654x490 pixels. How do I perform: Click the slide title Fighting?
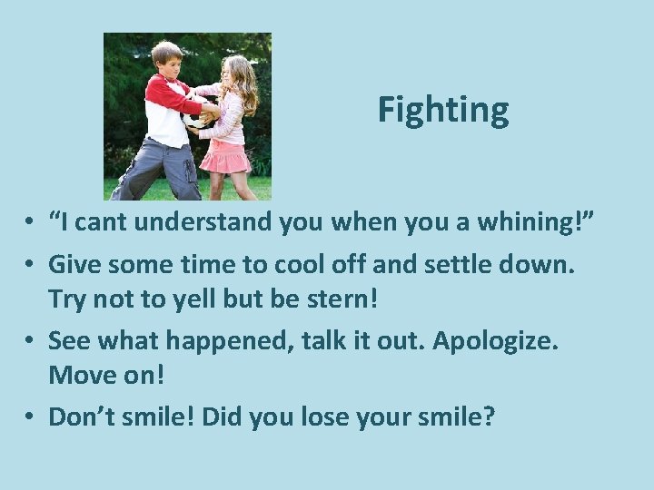pyautogui.click(x=443, y=110)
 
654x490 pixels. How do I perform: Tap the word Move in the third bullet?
pyautogui.click(x=77, y=377)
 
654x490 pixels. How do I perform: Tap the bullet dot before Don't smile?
pyautogui.click(x=32, y=417)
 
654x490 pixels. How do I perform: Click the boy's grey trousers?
pyautogui.click(x=160, y=168)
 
